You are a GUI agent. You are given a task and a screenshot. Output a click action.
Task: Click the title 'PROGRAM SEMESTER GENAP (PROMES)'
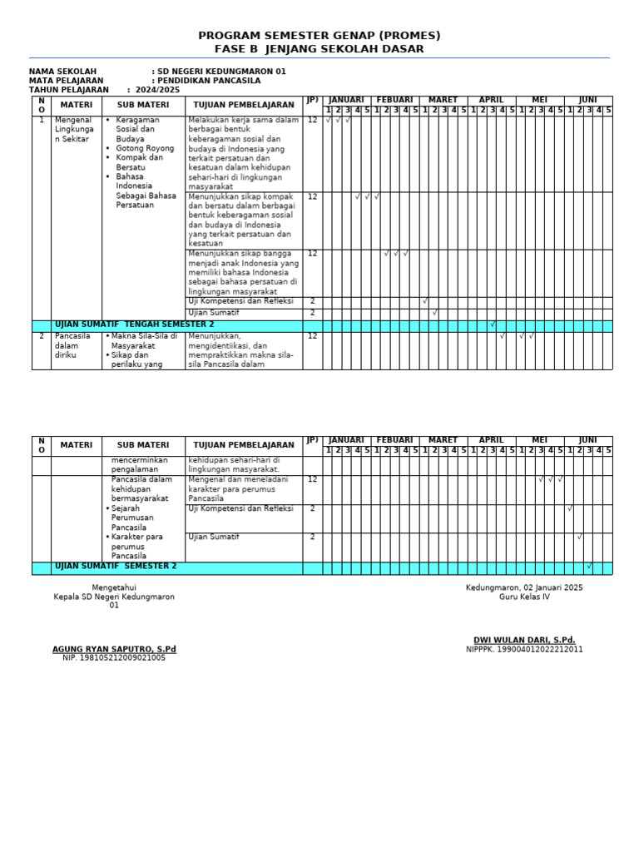click(319, 36)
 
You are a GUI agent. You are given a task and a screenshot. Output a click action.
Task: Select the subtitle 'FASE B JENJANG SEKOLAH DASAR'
click(319, 49)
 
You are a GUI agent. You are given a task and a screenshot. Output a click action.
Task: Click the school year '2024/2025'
click(157, 90)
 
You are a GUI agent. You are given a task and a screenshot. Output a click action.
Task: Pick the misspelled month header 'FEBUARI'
click(394, 100)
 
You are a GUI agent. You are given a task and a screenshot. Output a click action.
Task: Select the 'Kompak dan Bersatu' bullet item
click(139, 162)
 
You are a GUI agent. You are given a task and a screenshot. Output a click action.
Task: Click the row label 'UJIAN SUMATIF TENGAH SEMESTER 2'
click(134, 324)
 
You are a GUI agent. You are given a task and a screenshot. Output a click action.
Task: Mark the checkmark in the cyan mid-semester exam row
click(493, 324)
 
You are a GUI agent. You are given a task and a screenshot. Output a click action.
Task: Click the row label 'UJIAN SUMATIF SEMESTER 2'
click(116, 566)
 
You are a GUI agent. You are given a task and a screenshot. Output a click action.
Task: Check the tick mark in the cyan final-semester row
click(589, 567)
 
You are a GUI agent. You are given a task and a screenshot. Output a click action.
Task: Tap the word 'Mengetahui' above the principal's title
click(114, 587)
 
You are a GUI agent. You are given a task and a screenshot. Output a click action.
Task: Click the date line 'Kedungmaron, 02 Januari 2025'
click(524, 587)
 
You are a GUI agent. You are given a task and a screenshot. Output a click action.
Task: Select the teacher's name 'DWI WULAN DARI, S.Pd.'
click(524, 640)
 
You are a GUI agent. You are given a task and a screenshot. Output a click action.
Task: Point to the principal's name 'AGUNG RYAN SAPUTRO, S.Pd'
click(114, 649)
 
